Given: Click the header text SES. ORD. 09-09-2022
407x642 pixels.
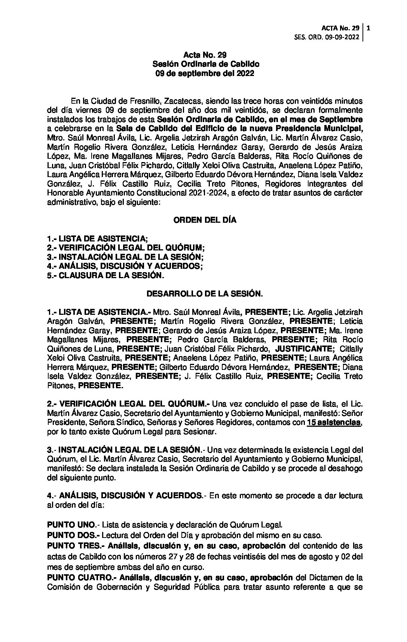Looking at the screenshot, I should click(x=327, y=37).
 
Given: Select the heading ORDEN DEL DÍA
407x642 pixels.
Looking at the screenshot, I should click(x=205, y=220).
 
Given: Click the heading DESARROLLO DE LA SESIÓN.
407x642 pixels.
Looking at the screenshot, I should click(x=205, y=294).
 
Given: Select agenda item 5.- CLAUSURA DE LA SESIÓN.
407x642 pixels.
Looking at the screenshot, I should click(x=105, y=276).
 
